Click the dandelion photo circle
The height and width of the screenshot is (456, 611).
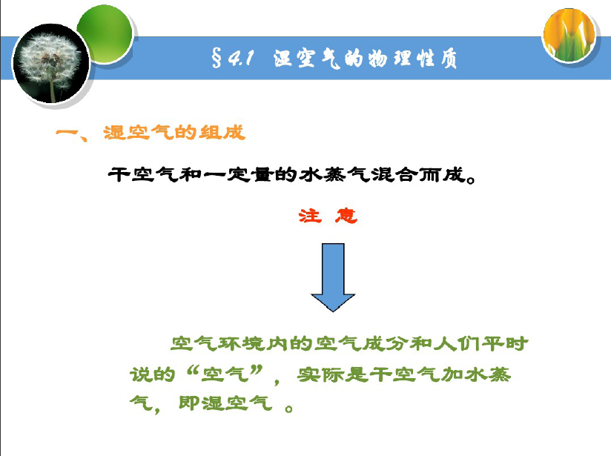click(x=51, y=64)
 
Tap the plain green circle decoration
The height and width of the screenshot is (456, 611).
click(x=105, y=33)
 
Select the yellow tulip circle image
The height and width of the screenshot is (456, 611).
click(x=569, y=36)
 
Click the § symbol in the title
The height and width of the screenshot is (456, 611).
click(x=217, y=58)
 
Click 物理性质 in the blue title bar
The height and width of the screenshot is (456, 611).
click(x=413, y=59)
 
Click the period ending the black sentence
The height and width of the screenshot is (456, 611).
click(x=471, y=179)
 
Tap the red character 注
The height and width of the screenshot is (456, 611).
click(x=311, y=216)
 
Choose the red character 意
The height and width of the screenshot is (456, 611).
click(x=346, y=216)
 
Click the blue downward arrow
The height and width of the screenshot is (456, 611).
click(x=333, y=277)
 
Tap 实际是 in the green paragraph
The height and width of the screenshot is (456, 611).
click(x=332, y=374)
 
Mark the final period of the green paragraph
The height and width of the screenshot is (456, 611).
click(x=289, y=409)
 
